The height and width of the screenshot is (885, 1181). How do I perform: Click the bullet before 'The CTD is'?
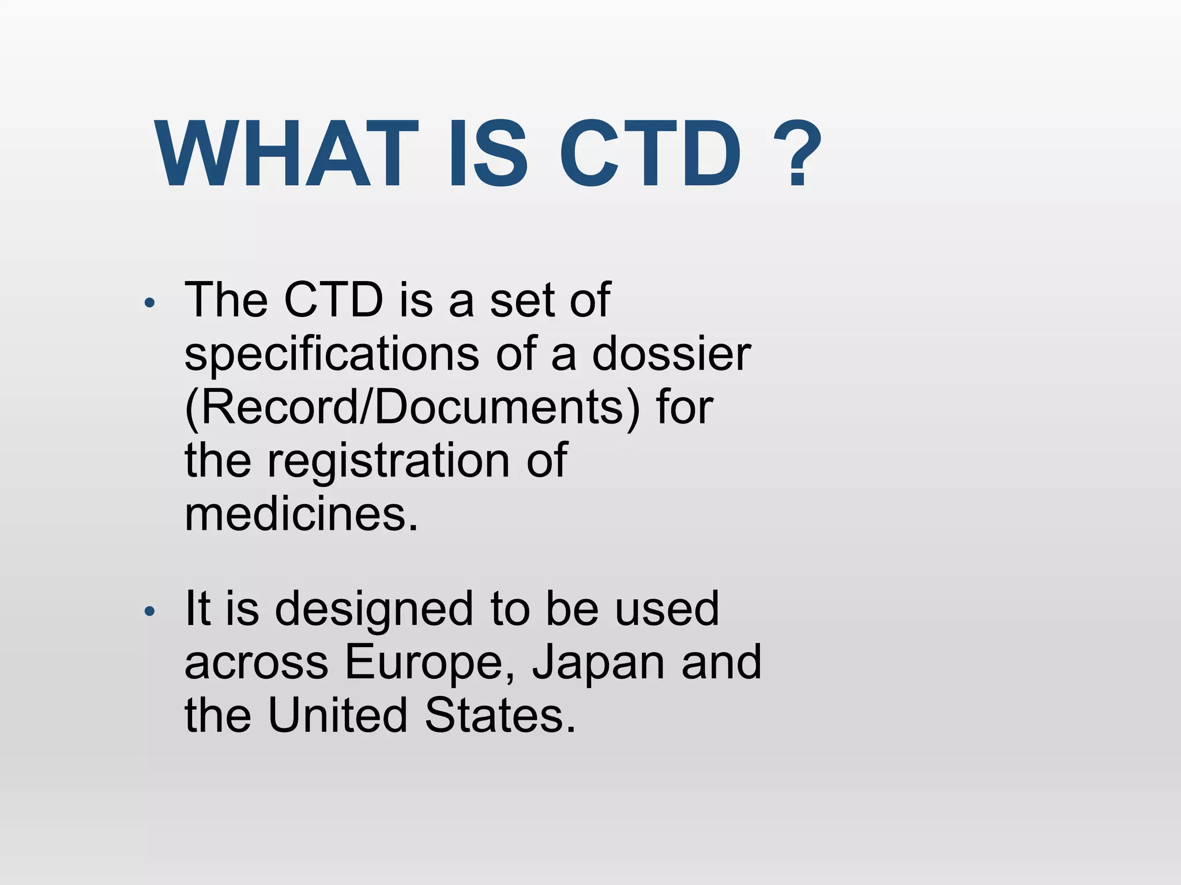149,303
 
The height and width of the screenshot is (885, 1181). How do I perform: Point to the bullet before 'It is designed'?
149,612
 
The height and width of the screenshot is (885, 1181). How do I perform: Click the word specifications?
332,354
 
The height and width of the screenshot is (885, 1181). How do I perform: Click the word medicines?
300,514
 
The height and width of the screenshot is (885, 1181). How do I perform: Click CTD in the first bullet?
334,300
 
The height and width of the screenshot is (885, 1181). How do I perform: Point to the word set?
521,300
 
